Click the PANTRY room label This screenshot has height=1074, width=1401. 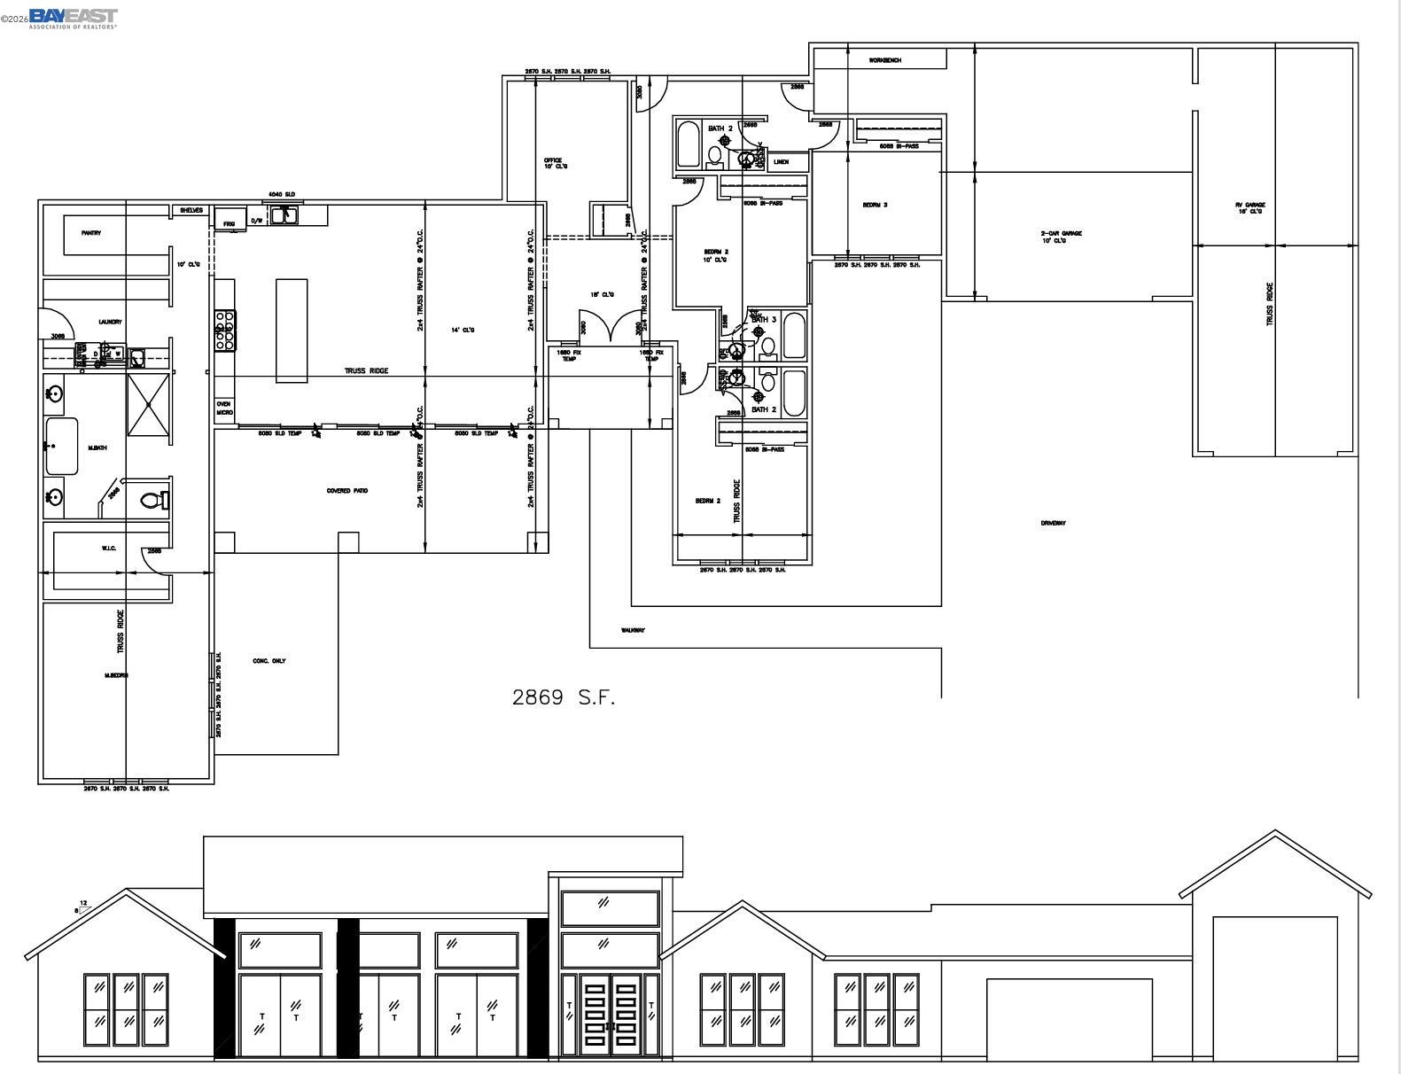[90, 233]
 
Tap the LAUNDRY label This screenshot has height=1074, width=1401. [110, 322]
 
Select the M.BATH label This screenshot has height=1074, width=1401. [97, 448]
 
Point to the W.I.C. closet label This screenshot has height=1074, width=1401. [109, 549]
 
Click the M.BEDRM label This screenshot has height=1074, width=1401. [117, 675]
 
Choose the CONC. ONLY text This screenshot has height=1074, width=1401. [269, 661]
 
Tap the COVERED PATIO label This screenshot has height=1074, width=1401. [347, 491]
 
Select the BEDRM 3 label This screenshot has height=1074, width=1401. [875, 206]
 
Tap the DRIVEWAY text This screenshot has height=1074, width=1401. [1053, 523]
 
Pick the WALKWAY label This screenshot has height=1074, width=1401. [633, 631]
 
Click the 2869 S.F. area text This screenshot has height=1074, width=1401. [563, 697]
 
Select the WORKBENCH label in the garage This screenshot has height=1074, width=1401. [884, 60]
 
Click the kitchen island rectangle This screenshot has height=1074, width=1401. [292, 331]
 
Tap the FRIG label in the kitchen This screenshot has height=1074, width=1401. [229, 223]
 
